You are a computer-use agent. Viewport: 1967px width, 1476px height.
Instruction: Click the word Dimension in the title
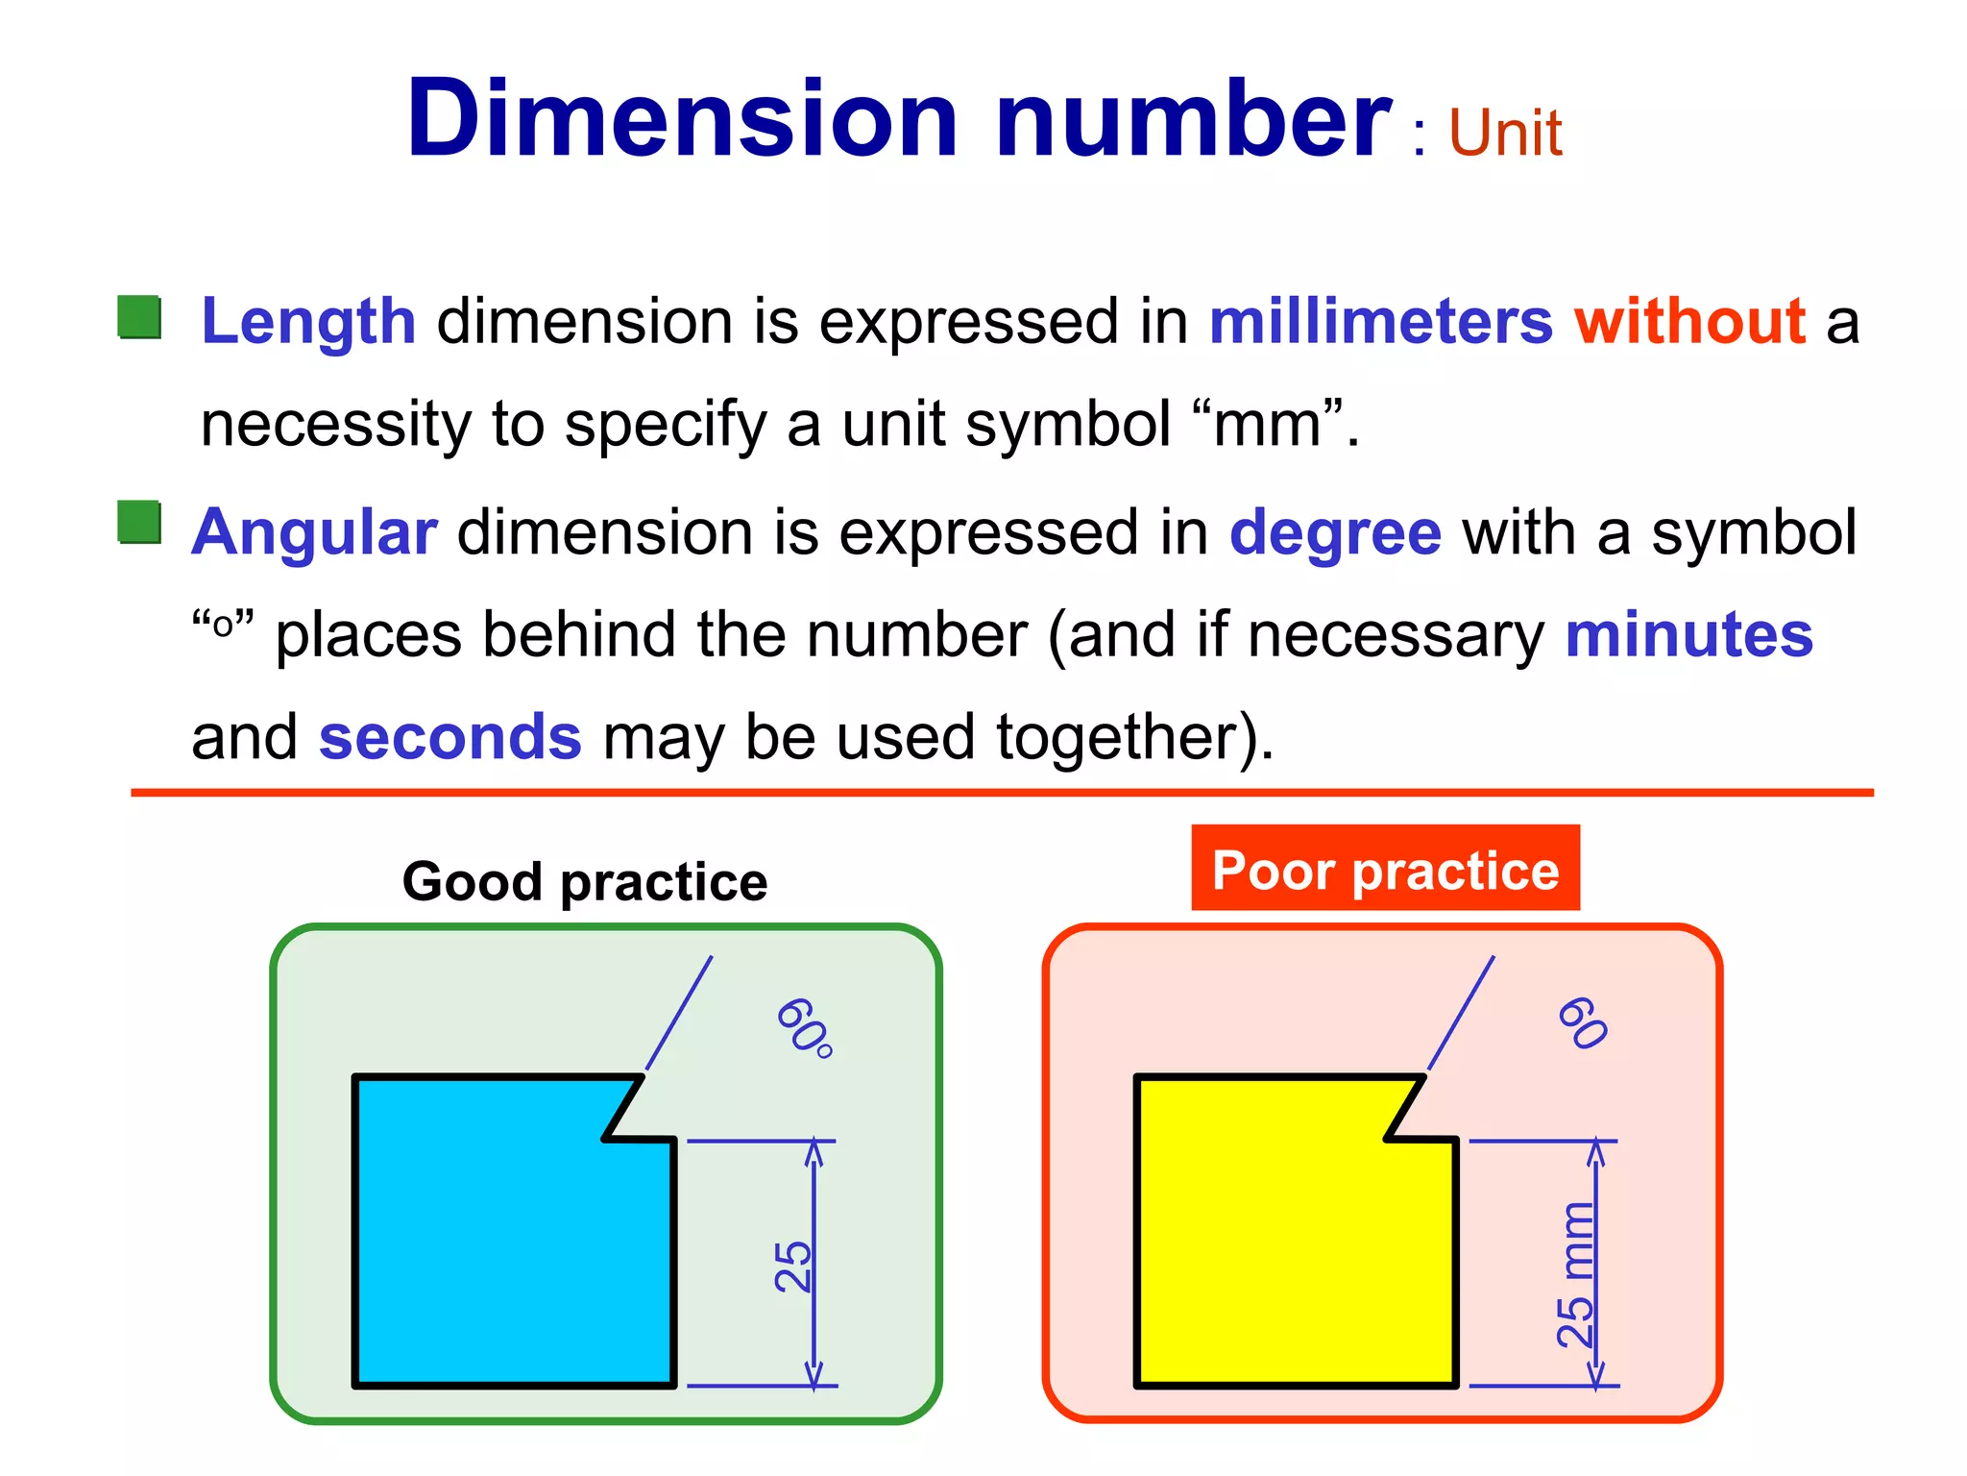[x=682, y=119]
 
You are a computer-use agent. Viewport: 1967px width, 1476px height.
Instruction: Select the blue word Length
[x=308, y=321]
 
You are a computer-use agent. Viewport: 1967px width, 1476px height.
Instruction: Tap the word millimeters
[x=1380, y=321]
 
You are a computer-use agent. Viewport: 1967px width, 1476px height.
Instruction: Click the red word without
[x=1690, y=321]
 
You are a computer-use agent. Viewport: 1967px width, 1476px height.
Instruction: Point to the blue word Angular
[x=314, y=532]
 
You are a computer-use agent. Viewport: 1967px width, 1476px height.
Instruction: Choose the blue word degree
[x=1335, y=532]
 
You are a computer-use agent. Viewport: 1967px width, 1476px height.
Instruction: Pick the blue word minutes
[x=1688, y=635]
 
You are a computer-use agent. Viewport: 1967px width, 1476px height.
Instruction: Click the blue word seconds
[x=449, y=737]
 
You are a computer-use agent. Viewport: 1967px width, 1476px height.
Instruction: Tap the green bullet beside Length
[x=139, y=317]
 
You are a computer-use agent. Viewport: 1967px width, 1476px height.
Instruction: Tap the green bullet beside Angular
[x=139, y=523]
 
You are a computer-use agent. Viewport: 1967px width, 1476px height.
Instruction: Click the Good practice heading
[x=585, y=881]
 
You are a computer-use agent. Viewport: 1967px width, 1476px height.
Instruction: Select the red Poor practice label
[x=1385, y=870]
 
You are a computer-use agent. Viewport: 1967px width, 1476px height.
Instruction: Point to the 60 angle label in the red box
[x=1582, y=1023]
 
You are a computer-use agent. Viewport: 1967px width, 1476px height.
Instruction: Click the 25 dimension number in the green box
[x=793, y=1266]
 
